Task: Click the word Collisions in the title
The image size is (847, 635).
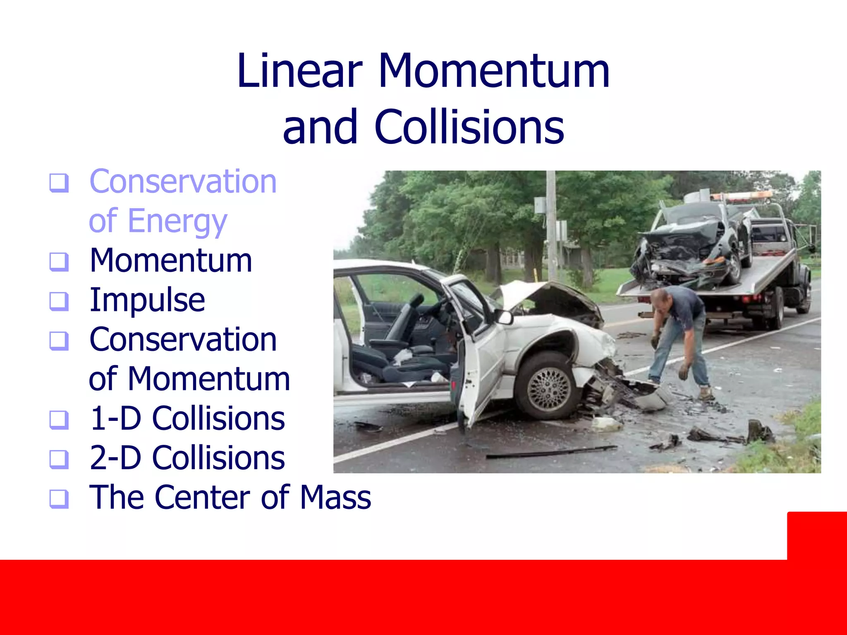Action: coord(469,127)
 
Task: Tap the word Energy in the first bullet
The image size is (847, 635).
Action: coord(177,221)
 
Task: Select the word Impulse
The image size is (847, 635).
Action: coord(147,300)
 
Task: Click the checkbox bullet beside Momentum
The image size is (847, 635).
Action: coord(59,261)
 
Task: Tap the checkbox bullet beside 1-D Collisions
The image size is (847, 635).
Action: coord(59,419)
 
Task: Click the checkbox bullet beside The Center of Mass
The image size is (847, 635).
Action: coord(59,498)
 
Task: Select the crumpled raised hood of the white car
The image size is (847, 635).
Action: coord(550,298)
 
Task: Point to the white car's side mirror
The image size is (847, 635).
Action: coord(505,317)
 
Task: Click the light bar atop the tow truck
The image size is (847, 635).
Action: coord(740,196)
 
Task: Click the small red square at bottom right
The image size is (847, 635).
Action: coord(816,535)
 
